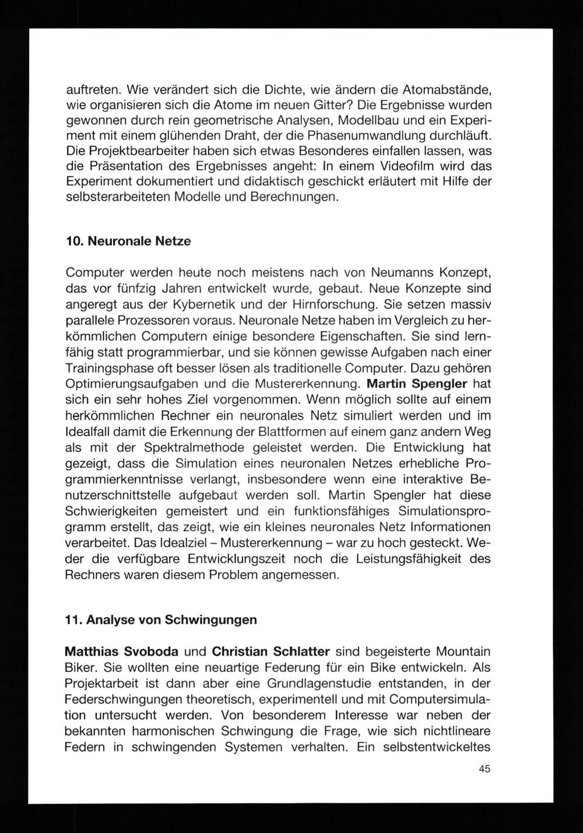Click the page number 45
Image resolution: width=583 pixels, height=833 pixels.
click(x=484, y=769)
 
